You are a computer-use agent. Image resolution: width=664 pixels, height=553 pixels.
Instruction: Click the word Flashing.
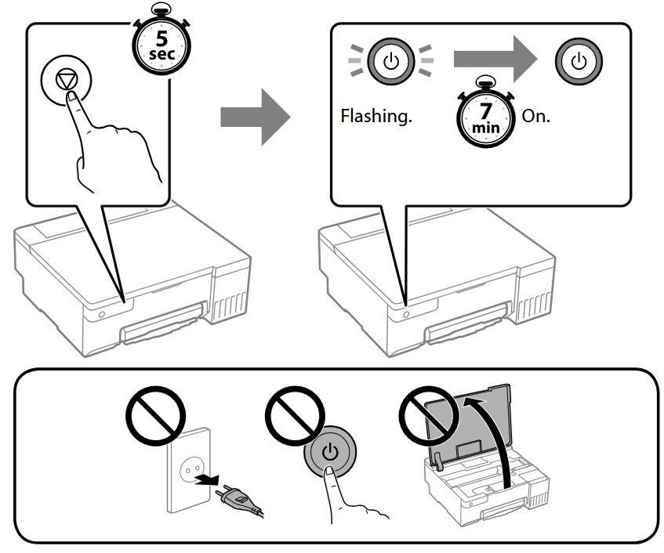pos(376,117)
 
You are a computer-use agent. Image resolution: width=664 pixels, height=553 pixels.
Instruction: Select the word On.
pos(535,117)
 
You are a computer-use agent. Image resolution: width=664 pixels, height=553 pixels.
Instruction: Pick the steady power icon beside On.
pos(578,61)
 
